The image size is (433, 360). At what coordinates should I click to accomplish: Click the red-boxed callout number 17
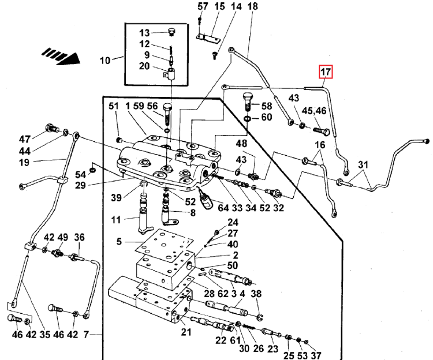click(x=326, y=72)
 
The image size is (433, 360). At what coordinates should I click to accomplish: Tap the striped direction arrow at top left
click(x=61, y=57)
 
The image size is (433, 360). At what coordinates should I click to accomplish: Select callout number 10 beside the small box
click(x=105, y=61)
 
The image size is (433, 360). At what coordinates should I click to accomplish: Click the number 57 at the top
click(x=203, y=6)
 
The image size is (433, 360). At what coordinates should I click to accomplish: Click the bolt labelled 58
click(x=248, y=102)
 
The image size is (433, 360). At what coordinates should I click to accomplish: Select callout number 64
click(x=223, y=208)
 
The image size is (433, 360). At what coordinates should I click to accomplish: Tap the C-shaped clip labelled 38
click(x=260, y=317)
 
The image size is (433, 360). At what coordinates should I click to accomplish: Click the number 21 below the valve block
click(x=186, y=332)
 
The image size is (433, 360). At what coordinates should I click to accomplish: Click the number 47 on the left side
click(x=25, y=139)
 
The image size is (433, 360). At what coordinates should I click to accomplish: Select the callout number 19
click(x=24, y=163)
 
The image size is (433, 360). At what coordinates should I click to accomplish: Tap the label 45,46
click(x=314, y=111)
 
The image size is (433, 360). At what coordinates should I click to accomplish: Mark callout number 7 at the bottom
click(x=86, y=335)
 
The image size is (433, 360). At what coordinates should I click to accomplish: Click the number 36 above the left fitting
click(x=79, y=237)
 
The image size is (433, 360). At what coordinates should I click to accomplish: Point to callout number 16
click(x=320, y=145)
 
